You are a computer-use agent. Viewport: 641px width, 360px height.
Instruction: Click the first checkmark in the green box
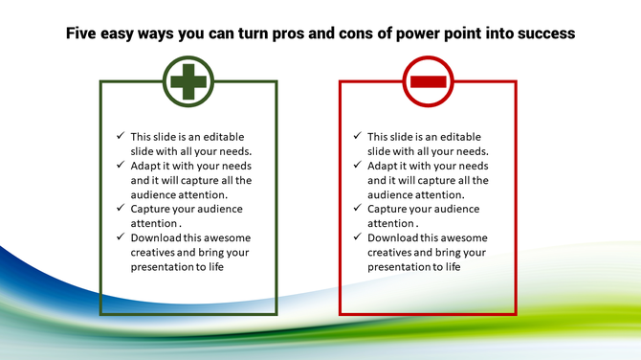(120, 137)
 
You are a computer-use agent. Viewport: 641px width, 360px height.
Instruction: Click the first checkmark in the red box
(356, 137)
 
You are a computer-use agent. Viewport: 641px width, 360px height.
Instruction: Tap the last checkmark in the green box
(120, 237)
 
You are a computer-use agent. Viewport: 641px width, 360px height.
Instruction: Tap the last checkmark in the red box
(356, 237)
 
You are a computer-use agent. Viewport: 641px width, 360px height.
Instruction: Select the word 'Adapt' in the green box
(147, 166)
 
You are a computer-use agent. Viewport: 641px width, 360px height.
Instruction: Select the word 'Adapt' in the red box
(384, 166)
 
